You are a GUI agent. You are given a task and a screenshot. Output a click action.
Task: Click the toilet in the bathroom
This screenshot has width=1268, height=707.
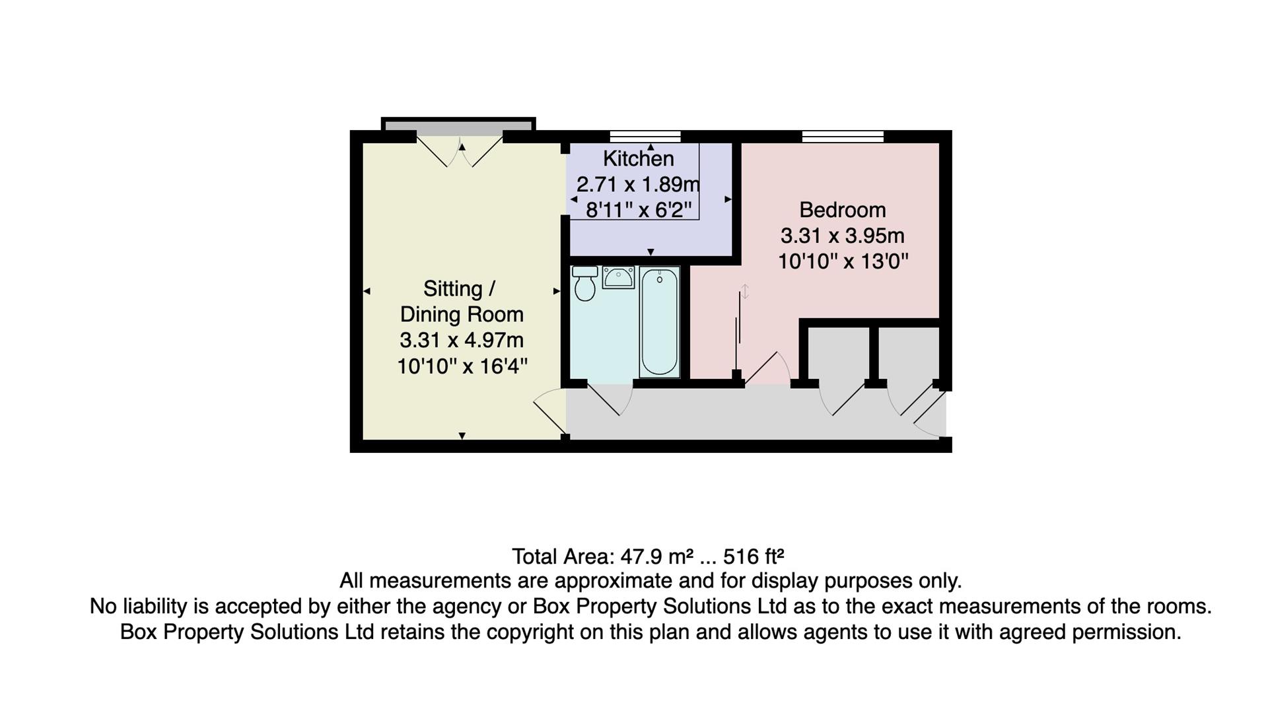[584, 284]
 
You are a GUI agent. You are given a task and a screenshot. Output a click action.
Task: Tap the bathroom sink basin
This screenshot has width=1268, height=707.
[618, 278]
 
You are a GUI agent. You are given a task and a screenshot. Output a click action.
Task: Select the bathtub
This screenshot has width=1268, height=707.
[659, 321]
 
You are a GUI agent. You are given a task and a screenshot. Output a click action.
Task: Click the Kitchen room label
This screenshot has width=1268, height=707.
[638, 158]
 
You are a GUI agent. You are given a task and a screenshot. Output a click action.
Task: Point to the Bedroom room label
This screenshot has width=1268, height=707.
[842, 210]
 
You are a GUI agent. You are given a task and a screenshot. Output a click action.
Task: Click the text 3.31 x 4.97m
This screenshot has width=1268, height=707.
[461, 340]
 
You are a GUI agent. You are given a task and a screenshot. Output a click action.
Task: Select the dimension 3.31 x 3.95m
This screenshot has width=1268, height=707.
[842, 236]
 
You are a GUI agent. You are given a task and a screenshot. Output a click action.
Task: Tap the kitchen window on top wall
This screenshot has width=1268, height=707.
[645, 137]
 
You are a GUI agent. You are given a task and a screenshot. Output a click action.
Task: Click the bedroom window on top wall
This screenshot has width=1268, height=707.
[842, 137]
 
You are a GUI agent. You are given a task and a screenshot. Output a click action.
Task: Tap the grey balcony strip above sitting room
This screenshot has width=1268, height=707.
[458, 125]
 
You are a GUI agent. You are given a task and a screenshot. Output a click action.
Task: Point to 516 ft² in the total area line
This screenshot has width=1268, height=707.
[753, 556]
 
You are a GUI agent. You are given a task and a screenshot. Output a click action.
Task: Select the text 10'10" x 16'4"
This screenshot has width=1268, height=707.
[462, 366]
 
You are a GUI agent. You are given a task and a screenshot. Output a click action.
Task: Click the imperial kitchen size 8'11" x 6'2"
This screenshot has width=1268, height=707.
[638, 210]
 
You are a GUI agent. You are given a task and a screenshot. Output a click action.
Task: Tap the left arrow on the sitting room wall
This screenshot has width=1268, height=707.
[367, 291]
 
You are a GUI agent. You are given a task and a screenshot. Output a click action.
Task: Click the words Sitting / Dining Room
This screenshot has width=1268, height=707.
[461, 302]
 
